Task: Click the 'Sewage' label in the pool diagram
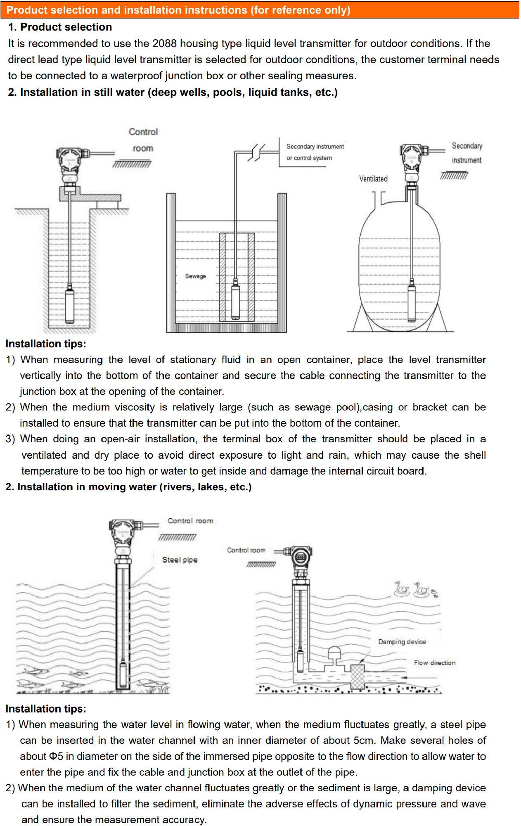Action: tap(195, 276)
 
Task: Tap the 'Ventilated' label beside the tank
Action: tap(373, 178)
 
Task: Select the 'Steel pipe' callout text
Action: tap(180, 560)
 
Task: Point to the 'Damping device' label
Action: tap(402, 642)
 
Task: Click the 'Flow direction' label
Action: tap(435, 663)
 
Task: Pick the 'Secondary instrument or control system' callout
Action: tap(315, 152)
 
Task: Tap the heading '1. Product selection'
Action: tap(60, 27)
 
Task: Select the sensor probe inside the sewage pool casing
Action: tap(235, 299)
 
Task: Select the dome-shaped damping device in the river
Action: tap(334, 655)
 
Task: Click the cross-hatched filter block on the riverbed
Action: tap(358, 676)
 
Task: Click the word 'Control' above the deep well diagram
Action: tap(143, 132)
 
